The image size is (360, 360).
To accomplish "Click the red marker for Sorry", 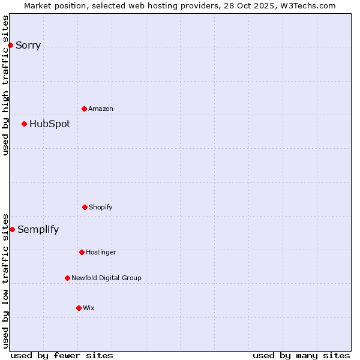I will pyautogui.click(x=10, y=45).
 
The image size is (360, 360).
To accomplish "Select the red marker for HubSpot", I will pyautogui.click(x=24, y=124).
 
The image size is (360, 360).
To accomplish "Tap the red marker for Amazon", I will pyautogui.click(x=84, y=109).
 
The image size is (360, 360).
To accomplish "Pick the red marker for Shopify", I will pyautogui.click(x=85, y=207).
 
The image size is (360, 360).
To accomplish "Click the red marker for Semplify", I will pyautogui.click(x=12, y=229).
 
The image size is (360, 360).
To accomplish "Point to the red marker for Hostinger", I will pyautogui.click(x=82, y=252).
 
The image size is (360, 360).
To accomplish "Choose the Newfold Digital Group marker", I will pyautogui.click(x=67, y=278).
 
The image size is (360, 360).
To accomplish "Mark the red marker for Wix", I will pyautogui.click(x=79, y=308).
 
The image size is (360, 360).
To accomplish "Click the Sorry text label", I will pyautogui.click(x=28, y=46).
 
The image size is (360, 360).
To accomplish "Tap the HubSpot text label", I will pyautogui.click(x=50, y=124).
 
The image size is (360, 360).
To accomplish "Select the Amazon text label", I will pyautogui.click(x=101, y=109).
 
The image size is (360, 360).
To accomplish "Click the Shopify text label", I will pyautogui.click(x=101, y=208).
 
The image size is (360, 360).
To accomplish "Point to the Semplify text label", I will pyautogui.click(x=38, y=230).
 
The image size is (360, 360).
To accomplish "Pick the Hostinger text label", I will pyautogui.click(x=101, y=253).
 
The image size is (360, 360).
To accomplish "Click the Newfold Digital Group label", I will pyautogui.click(x=107, y=278).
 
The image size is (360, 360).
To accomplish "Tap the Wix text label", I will pyautogui.click(x=89, y=308).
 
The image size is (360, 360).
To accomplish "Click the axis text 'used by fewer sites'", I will pyautogui.click(x=62, y=355).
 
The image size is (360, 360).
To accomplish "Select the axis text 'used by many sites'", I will pyautogui.click(x=301, y=355).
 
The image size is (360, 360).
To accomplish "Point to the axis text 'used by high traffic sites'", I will pyautogui.click(x=5, y=85).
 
